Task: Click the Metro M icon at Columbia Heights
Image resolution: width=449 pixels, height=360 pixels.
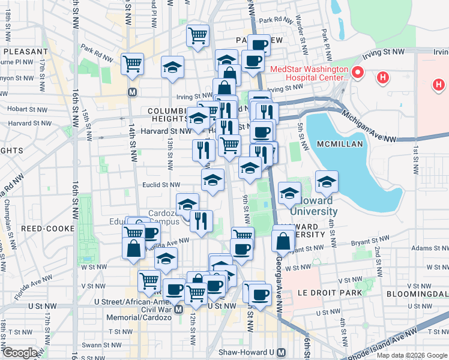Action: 132,92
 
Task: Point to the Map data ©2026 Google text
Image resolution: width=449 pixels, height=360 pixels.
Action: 412,355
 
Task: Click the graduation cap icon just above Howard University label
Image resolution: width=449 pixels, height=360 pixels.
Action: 326,181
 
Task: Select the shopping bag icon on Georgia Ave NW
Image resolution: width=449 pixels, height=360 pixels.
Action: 283,241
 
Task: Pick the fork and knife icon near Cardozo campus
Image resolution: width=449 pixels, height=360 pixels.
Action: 201,220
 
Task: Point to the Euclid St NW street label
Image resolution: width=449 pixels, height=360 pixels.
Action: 160,185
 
